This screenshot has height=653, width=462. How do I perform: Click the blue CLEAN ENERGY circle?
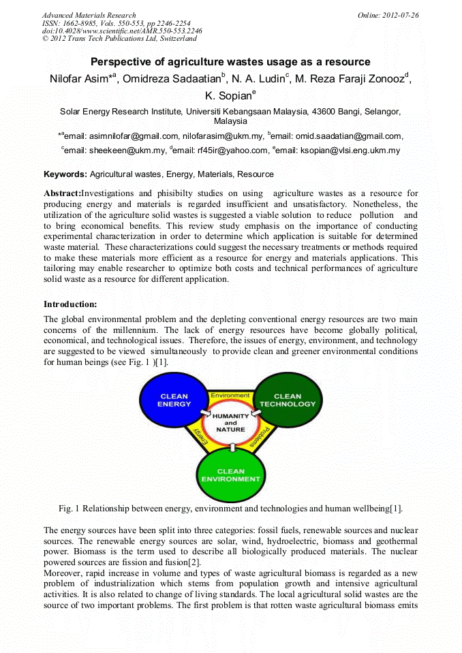point(174,400)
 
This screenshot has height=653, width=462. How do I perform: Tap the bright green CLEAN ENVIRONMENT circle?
point(230,475)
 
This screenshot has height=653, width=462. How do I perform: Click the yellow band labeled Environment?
point(230,396)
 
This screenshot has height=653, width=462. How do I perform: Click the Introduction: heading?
point(70,304)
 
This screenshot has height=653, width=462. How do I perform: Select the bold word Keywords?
point(65,174)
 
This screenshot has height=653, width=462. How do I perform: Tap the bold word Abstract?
point(62,193)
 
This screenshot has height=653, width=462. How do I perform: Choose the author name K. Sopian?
point(228,96)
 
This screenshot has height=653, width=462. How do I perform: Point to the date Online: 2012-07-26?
point(388,15)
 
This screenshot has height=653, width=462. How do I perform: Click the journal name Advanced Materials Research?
point(89,15)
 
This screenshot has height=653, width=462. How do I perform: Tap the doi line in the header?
point(121,31)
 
